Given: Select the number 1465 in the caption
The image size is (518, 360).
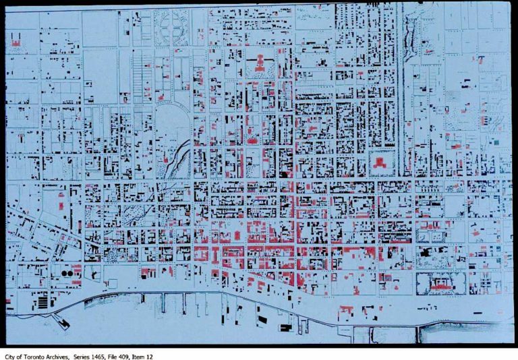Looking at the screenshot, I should click(x=94, y=356).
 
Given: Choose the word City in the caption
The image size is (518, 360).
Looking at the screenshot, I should click(x=10, y=356).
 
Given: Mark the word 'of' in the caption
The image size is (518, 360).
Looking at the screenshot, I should click(x=19, y=356).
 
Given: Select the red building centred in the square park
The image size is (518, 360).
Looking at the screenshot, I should click(x=380, y=162).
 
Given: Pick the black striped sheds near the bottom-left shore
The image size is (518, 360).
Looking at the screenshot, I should click(x=42, y=301).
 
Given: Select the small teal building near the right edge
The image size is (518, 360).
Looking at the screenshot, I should click(x=496, y=142).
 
